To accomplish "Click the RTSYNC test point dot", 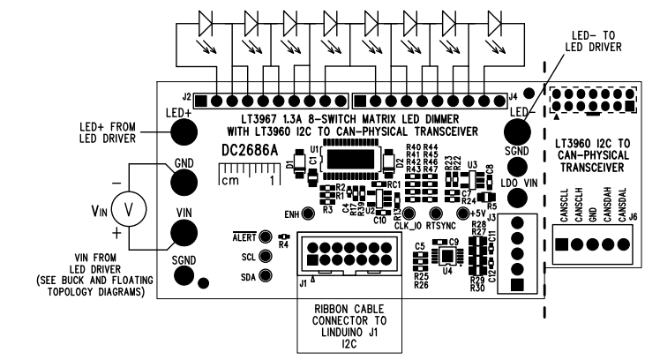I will pos(434,214).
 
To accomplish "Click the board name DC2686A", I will pos(248,151).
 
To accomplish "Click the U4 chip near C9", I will pos(449,257).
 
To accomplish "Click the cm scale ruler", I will pos(249,182).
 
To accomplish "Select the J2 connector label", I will pos(186,95).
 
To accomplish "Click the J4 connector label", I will pos(513,95).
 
